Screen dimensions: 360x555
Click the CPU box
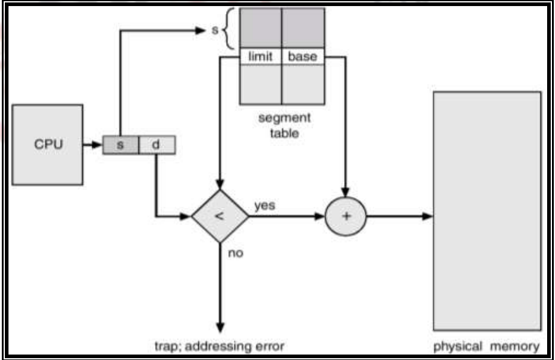tap(48, 145)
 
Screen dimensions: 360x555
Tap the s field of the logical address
tap(120, 145)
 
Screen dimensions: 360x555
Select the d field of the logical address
tap(157, 145)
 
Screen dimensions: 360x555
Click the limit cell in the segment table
tap(261, 57)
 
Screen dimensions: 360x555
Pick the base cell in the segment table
tap(302, 57)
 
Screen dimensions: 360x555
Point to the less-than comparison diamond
tap(220, 217)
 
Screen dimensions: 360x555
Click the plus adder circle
tap(346, 217)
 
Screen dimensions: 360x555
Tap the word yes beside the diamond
tap(265, 205)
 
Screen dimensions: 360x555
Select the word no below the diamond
tap(236, 253)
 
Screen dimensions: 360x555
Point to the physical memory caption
tap(486, 346)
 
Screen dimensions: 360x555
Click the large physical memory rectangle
tap(487, 210)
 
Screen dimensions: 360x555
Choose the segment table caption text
tap(284, 125)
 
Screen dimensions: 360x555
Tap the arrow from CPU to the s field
tap(93, 145)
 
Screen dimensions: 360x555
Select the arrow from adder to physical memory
tap(400, 217)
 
